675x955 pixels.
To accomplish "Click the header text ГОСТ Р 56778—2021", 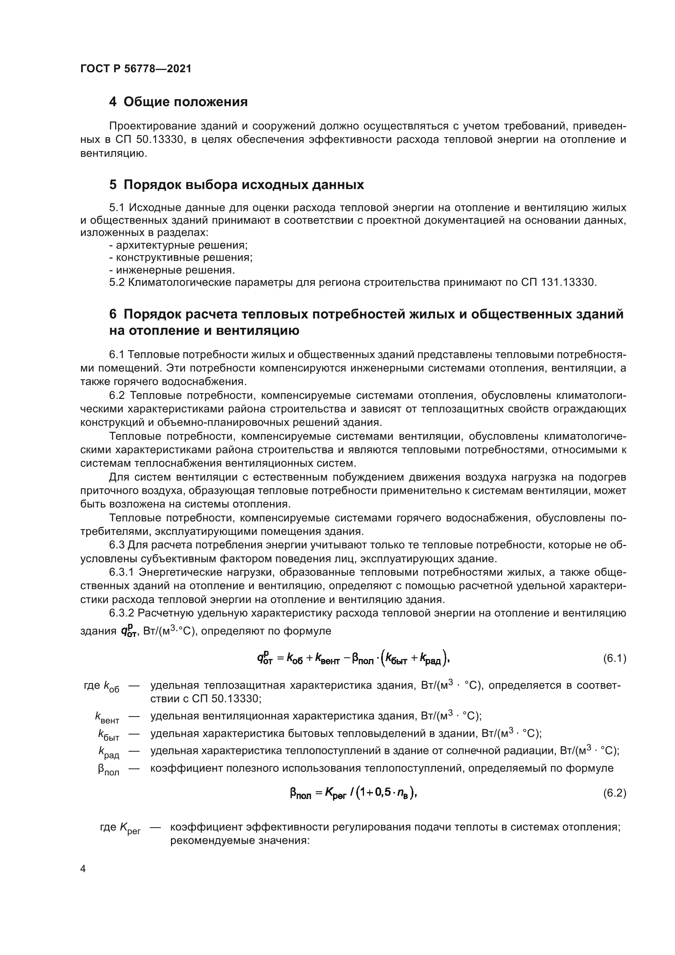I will click(136, 69).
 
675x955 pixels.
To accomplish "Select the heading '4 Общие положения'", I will click(178, 102).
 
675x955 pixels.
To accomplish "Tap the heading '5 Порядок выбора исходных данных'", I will click(237, 185).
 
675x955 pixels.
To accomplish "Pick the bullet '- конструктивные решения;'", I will click(181, 258).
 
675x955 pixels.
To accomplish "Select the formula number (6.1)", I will click(614, 659).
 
